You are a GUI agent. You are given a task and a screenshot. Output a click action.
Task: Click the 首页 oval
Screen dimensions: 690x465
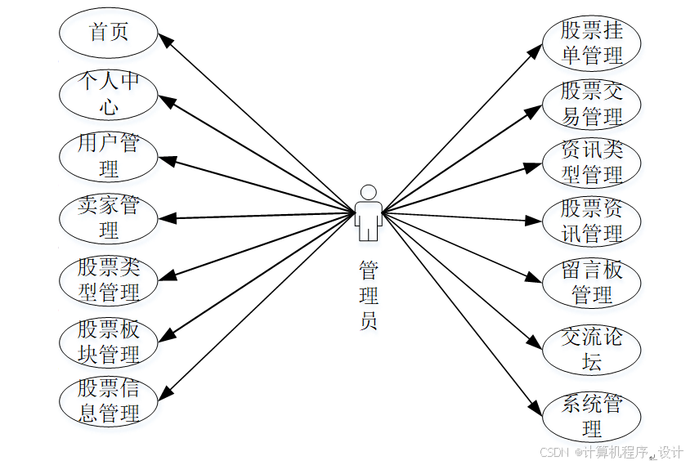click(108, 32)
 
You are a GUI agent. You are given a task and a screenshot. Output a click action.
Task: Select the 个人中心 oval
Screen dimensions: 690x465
click(108, 94)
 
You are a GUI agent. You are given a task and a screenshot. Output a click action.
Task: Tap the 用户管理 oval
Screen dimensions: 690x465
click(108, 156)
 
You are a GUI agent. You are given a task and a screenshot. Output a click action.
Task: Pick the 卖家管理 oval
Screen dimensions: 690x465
click(108, 218)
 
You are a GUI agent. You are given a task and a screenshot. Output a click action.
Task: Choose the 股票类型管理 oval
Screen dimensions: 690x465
click(108, 279)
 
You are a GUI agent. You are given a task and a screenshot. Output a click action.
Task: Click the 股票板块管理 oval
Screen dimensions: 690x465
click(108, 342)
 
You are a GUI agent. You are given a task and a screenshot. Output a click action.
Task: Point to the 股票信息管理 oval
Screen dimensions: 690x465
click(108, 402)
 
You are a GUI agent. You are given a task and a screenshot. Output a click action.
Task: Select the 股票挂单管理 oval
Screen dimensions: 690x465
click(591, 43)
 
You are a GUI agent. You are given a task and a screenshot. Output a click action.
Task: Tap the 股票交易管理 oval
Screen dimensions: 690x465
click(591, 104)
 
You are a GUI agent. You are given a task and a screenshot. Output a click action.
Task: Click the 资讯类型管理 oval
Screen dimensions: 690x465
click(591, 162)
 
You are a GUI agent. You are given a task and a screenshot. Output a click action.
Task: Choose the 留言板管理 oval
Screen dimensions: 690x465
click(591, 282)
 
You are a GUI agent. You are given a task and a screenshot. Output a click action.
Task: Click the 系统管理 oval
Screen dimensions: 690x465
click(591, 416)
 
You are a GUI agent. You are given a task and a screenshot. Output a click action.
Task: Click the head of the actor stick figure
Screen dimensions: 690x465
click(369, 192)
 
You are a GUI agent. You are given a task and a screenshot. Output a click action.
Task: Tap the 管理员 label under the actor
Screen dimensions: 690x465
click(369, 294)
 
